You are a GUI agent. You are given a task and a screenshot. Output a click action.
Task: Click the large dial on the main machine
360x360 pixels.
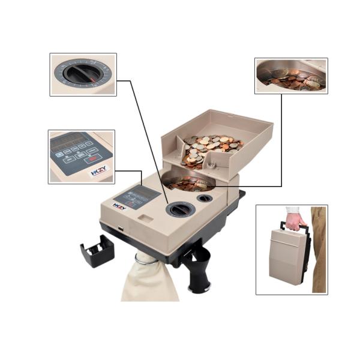point(177,209)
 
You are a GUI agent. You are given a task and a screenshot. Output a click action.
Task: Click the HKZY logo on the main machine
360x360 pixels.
point(119,206)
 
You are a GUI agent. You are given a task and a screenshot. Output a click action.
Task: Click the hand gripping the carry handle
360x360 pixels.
point(295,221)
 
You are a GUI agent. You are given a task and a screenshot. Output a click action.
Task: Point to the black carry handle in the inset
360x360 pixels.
point(305,234)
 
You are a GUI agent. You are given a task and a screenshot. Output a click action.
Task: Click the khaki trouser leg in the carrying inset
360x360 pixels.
point(318,252)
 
